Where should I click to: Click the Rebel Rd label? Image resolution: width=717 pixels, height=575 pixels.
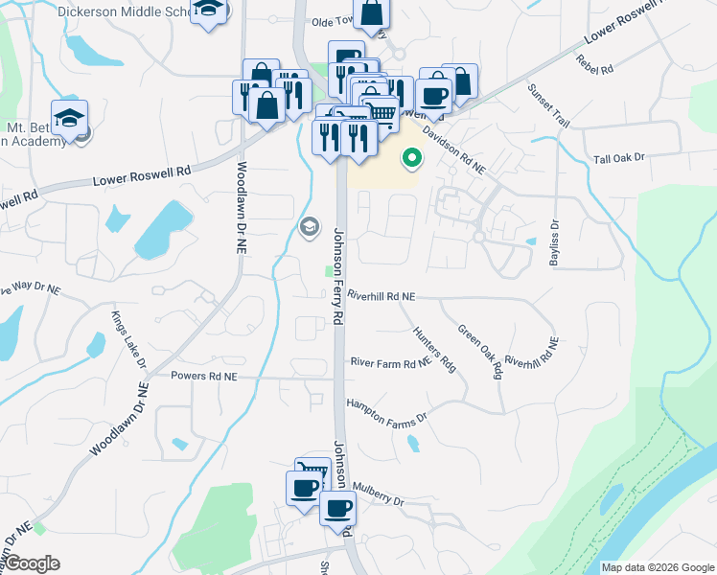click(595, 62)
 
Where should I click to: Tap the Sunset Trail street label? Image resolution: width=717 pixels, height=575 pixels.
click(549, 106)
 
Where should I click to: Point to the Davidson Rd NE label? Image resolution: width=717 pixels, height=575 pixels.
click(454, 150)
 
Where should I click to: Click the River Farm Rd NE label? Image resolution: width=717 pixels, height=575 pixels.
click(390, 363)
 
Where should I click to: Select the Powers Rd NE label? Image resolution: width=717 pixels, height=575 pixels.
click(203, 377)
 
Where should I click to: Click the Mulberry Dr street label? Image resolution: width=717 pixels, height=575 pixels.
click(379, 500)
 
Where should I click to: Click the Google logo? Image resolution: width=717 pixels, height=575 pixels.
click(33, 563)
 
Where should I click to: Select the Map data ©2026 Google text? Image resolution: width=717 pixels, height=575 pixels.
click(657, 567)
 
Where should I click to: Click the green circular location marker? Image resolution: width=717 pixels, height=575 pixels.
click(413, 158)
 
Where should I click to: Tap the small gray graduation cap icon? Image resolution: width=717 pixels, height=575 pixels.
click(310, 227)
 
